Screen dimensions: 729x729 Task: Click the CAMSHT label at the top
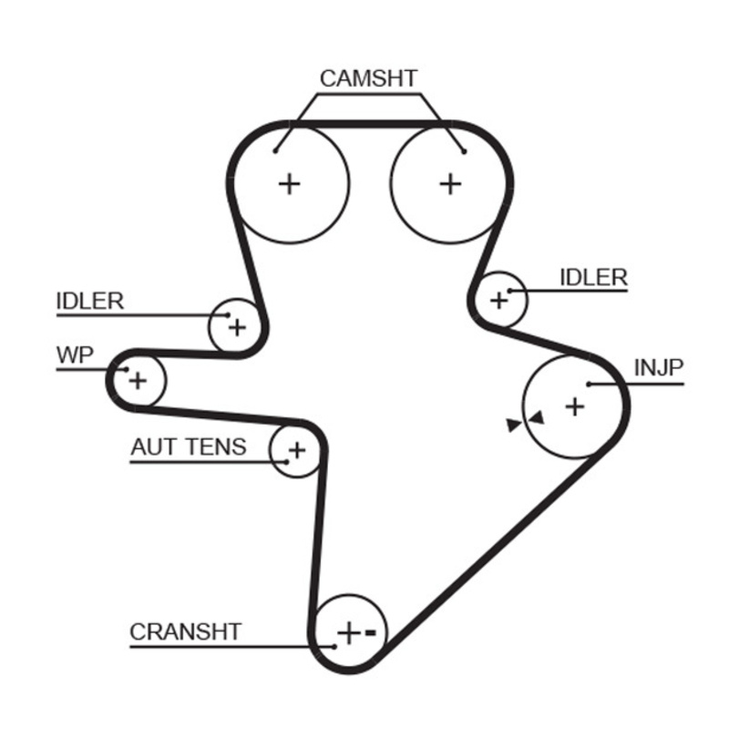pos(367,78)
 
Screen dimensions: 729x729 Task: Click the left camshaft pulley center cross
pos(289,184)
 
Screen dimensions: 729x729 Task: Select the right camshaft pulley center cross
pos(450,184)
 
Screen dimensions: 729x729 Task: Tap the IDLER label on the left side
pos(89,301)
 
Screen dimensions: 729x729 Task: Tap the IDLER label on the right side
pos(593,278)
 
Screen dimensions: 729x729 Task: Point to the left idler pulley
pos(236,325)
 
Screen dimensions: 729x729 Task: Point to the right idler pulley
pos(498,299)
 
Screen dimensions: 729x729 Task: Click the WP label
pos(75,355)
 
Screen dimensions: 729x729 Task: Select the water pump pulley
pos(137,379)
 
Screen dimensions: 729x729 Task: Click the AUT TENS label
pos(188,447)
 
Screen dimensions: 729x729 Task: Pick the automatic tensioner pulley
pos(296,449)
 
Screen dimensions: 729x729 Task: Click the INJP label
pos(658,367)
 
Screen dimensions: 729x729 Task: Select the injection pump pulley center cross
pos(574,406)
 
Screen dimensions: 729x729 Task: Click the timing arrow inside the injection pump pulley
pos(536,417)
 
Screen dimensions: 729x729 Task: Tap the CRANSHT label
pos(185,631)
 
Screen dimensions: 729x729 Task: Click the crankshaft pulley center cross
pos(348,631)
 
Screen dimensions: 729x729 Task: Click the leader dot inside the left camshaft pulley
pos(275,150)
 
